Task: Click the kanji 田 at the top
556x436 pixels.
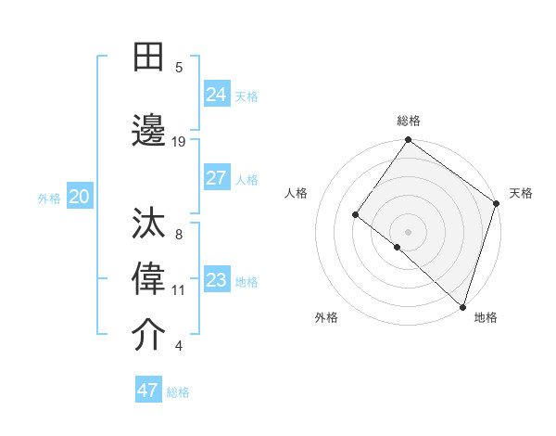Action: (x=148, y=58)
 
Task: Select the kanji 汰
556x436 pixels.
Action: (x=148, y=225)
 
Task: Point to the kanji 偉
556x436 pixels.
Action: (x=148, y=280)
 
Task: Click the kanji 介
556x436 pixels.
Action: (x=148, y=335)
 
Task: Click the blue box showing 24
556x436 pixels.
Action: (x=217, y=95)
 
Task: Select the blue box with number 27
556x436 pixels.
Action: (x=217, y=178)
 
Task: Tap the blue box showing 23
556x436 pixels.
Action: (x=217, y=280)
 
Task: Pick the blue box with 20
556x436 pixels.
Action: (x=80, y=197)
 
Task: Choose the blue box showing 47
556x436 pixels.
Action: (x=148, y=391)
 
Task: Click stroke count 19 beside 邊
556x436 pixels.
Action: (x=179, y=141)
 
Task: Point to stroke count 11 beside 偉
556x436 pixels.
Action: (x=179, y=290)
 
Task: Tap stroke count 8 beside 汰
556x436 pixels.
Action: (x=179, y=235)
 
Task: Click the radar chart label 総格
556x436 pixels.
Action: (x=409, y=121)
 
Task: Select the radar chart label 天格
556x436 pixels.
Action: (x=521, y=193)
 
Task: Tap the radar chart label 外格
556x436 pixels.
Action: (x=326, y=317)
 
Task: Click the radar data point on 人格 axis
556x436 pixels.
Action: (x=355, y=214)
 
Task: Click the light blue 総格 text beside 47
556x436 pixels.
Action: (x=178, y=392)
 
